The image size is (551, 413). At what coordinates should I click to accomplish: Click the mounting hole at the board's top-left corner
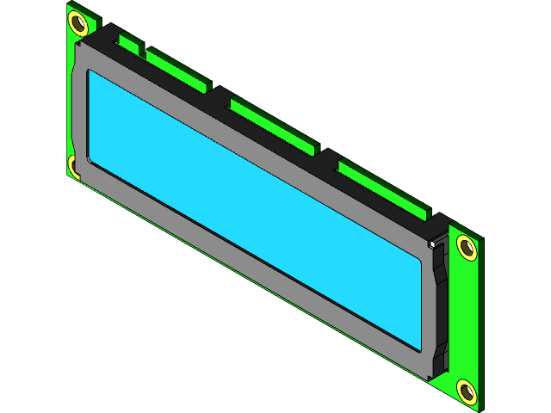click(x=77, y=22)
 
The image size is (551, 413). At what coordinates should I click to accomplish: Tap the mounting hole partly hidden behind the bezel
click(x=74, y=164)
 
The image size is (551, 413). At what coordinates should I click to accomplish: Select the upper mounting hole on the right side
click(x=467, y=248)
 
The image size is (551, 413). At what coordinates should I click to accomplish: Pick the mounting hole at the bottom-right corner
click(x=466, y=391)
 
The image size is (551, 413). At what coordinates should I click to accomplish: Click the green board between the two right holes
click(x=466, y=318)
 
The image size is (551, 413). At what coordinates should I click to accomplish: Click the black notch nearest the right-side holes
click(x=327, y=155)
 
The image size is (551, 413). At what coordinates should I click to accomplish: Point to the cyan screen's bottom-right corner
click(x=419, y=348)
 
